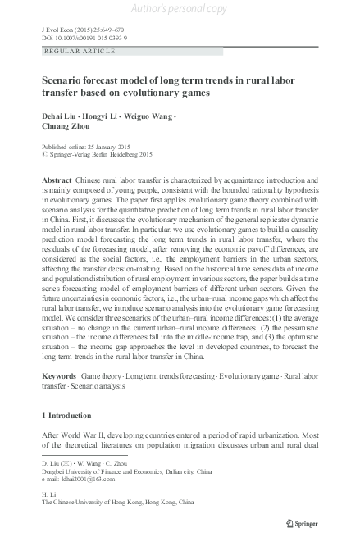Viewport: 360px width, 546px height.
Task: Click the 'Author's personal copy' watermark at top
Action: coord(180,9)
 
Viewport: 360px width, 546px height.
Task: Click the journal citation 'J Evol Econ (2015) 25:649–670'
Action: coord(85,28)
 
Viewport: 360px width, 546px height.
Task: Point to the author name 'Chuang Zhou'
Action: coord(63,127)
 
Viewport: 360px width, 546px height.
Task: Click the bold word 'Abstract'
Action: coord(56,179)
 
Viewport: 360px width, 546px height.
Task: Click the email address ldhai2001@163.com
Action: coord(94,480)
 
